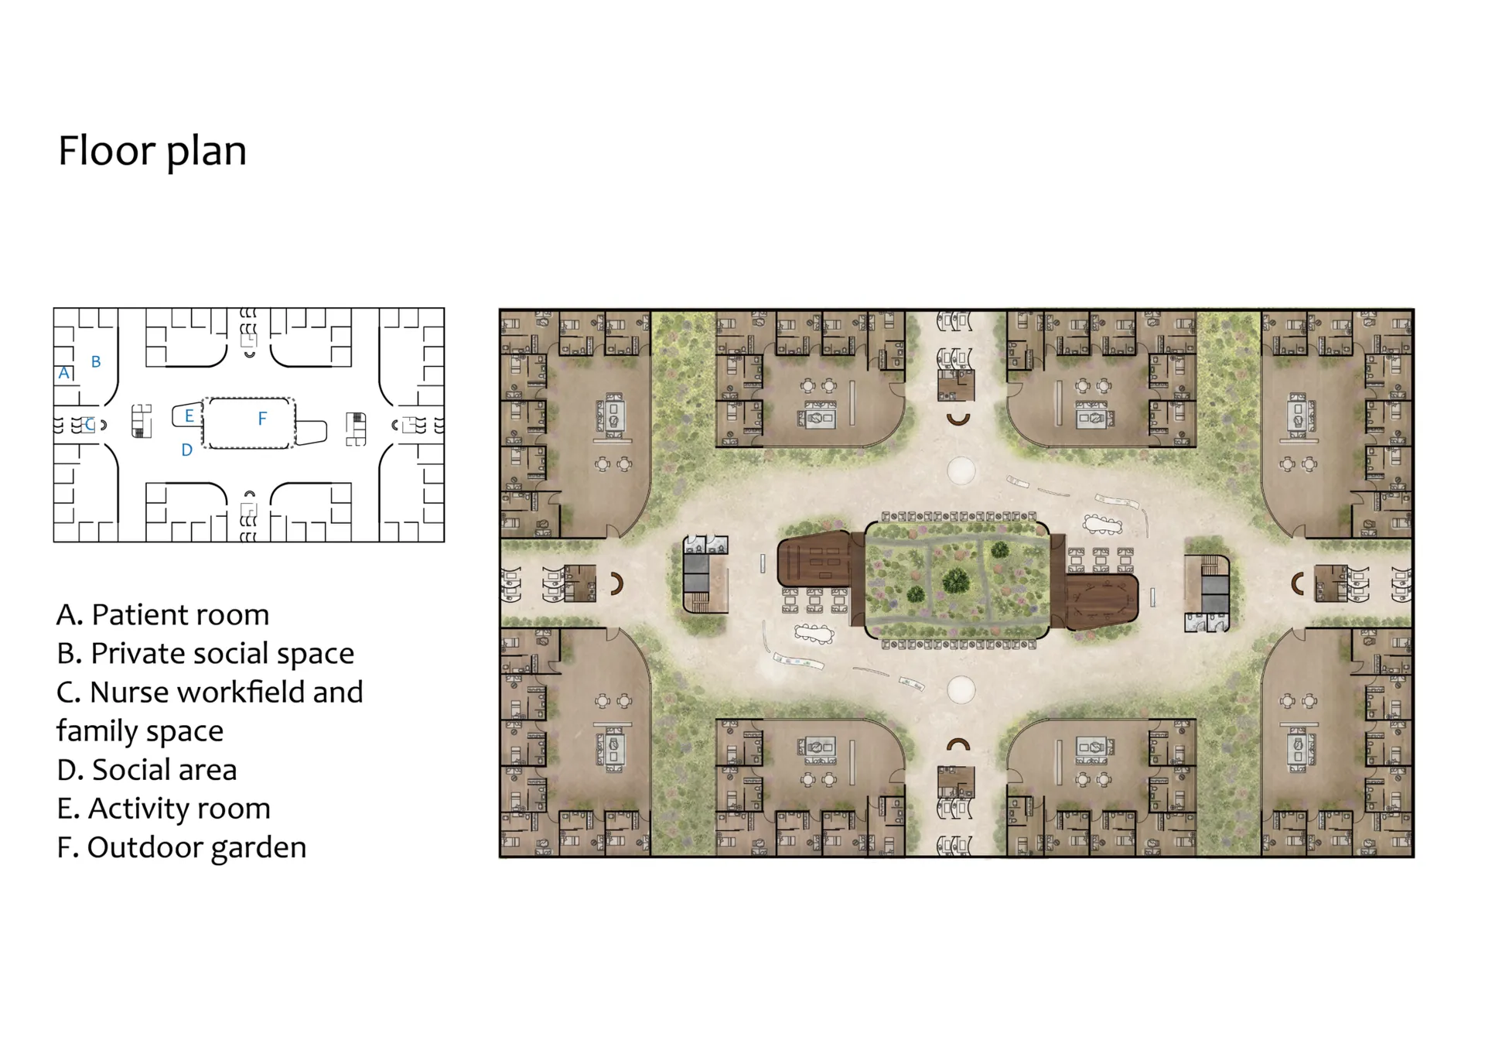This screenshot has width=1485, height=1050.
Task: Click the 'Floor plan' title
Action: [152, 151]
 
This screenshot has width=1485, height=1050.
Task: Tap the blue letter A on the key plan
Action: [64, 373]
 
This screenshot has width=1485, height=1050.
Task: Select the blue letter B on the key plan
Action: [96, 361]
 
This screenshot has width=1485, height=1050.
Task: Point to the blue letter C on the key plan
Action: [90, 424]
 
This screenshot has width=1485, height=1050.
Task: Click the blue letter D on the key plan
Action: [186, 450]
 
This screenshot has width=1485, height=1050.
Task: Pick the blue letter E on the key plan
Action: [189, 416]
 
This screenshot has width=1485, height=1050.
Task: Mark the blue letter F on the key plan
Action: [262, 419]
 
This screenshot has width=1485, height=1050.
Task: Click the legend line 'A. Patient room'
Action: [163, 615]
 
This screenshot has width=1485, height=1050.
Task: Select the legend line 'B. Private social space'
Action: [206, 654]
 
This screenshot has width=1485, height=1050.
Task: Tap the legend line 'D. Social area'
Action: [147, 770]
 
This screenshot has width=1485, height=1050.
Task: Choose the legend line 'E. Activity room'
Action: [164, 809]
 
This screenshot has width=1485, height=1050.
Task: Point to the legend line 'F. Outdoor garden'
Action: [182, 847]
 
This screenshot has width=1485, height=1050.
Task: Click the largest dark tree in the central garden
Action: [957, 580]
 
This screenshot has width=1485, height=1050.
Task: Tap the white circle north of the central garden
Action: [961, 470]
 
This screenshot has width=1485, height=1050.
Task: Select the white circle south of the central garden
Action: [961, 689]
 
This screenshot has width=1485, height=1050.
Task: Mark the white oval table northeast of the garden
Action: [1103, 525]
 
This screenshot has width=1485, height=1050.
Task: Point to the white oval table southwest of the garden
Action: [814, 634]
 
